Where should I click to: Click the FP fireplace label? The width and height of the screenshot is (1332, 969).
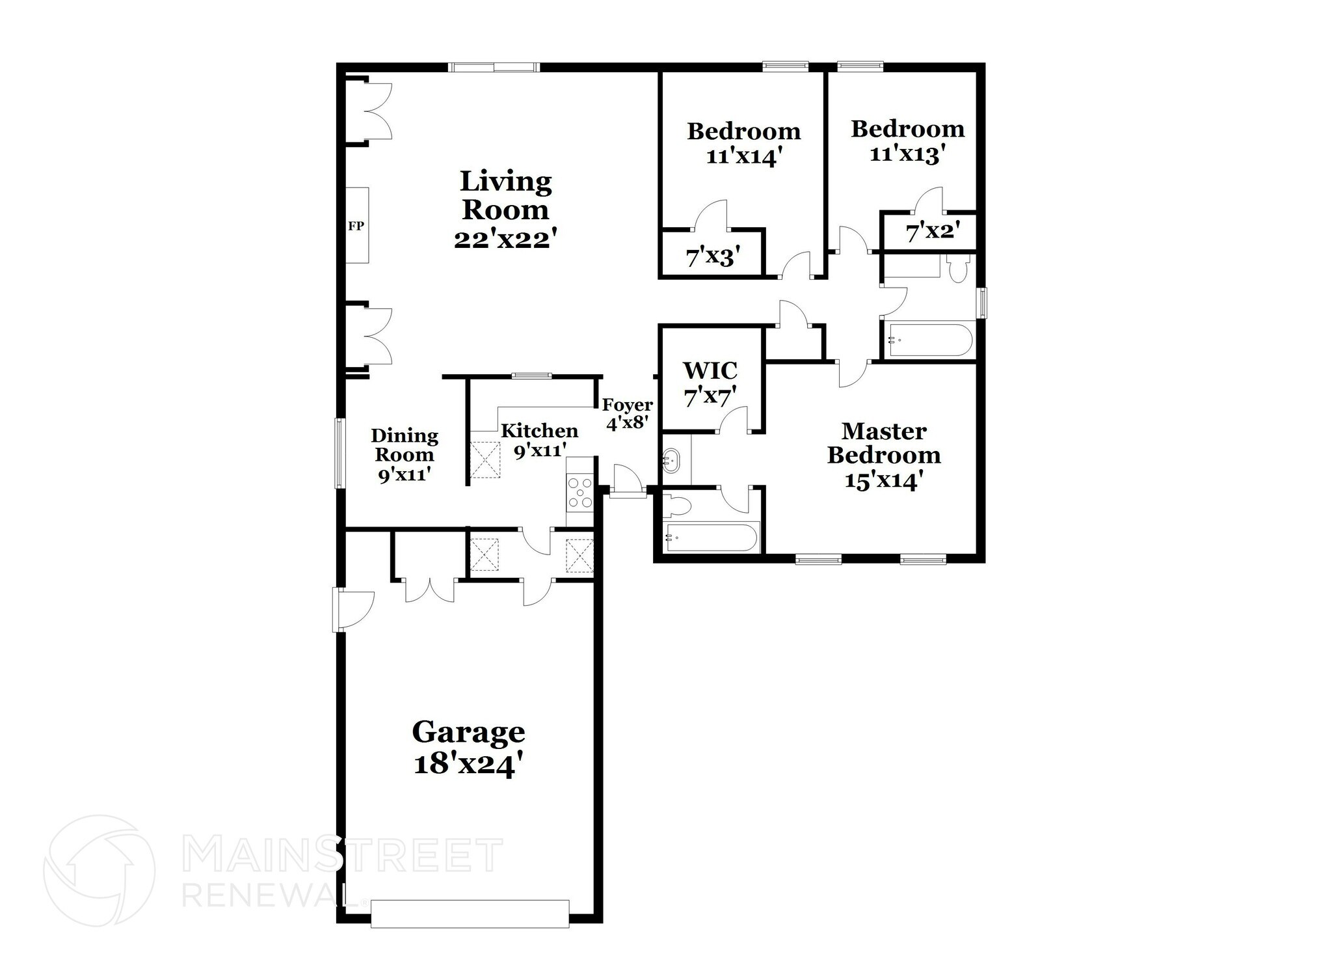356,226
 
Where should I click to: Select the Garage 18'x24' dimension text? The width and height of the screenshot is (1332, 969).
468,763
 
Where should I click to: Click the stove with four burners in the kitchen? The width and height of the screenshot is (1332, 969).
580,493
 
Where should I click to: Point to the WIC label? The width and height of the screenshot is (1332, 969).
710,371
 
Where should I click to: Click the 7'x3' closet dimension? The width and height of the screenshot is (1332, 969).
713,257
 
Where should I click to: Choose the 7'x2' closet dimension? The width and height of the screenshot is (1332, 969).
932,231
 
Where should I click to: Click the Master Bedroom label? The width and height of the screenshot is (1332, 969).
883,443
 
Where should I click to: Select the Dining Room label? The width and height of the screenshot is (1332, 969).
404,444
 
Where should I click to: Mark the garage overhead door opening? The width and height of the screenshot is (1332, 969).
470,913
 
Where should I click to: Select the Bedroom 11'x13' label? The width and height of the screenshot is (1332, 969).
907,141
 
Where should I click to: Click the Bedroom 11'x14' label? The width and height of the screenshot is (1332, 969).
743,143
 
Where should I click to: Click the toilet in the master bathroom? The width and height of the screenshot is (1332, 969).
679,506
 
